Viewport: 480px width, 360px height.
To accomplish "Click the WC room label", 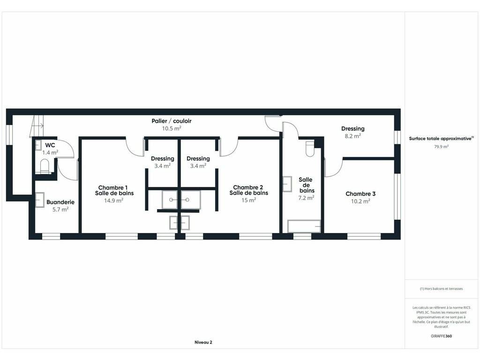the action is coord(50,145).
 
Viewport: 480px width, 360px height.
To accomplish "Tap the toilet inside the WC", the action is coord(45,165).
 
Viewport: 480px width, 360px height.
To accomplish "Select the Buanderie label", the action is coord(60,202).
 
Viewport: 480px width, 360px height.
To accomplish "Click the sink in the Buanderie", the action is coord(40,200).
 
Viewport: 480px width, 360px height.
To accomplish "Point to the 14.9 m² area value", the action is coord(113,201).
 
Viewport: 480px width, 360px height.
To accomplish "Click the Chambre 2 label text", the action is coord(248,187).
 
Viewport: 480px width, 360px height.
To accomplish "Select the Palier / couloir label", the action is coord(172,121).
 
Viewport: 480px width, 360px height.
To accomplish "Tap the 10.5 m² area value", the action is coord(172,128).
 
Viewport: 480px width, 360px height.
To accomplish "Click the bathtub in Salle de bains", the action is coord(304,226).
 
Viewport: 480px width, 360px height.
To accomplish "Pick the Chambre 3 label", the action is coord(360,194).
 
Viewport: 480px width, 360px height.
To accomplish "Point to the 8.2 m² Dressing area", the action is coord(352,136).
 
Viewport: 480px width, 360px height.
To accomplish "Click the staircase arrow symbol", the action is coord(37,126).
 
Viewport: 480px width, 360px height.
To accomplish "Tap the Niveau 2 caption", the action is coord(203,342).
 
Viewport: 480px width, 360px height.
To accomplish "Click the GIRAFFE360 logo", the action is coord(441,336).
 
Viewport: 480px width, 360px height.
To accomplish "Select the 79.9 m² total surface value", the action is coord(441,147).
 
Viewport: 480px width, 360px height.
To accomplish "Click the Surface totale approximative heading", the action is coord(441,138).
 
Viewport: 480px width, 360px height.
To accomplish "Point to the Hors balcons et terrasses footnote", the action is coord(441,289).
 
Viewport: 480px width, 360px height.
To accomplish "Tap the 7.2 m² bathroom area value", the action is coord(306,198).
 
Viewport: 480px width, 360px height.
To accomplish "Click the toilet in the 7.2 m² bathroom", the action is coord(310,149).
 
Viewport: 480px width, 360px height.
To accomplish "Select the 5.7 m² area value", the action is coord(60,210).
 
